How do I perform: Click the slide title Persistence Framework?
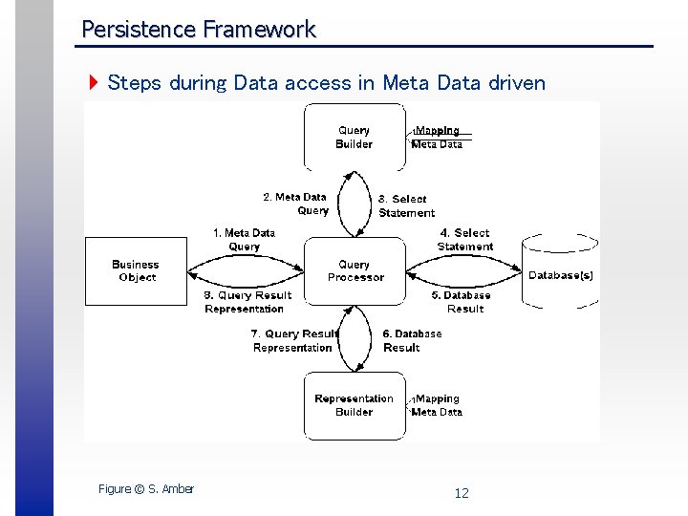(x=198, y=30)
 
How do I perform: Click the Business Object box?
(x=137, y=271)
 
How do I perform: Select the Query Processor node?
(x=355, y=271)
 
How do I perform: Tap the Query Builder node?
(x=354, y=138)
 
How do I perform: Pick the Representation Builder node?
(x=354, y=405)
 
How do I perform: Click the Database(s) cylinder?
(x=561, y=275)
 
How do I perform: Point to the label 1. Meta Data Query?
(x=244, y=240)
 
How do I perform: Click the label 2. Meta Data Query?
(x=296, y=204)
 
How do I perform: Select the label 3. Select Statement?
(x=406, y=206)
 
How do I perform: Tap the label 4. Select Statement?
(x=465, y=240)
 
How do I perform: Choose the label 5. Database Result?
(x=465, y=302)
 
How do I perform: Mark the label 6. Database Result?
(x=412, y=341)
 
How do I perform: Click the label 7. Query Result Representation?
(x=294, y=341)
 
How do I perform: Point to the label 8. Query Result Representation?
(x=247, y=302)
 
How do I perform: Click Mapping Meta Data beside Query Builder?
(x=437, y=138)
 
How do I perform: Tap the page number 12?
(x=462, y=493)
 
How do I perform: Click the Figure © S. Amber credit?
(x=146, y=489)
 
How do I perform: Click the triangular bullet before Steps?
(x=93, y=83)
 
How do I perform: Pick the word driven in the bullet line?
(x=516, y=83)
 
